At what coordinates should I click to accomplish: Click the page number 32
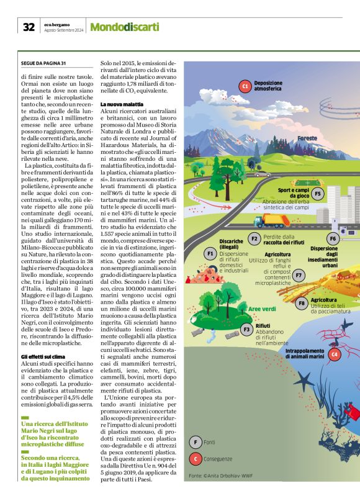29,27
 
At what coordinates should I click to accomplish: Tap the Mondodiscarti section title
125,27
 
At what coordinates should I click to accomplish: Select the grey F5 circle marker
318,193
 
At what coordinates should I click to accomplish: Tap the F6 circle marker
332,238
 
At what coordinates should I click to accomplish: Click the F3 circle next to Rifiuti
246,328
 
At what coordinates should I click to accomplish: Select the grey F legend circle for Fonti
196,442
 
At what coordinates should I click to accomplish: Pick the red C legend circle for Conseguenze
196,459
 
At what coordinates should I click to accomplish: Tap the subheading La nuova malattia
120,103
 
